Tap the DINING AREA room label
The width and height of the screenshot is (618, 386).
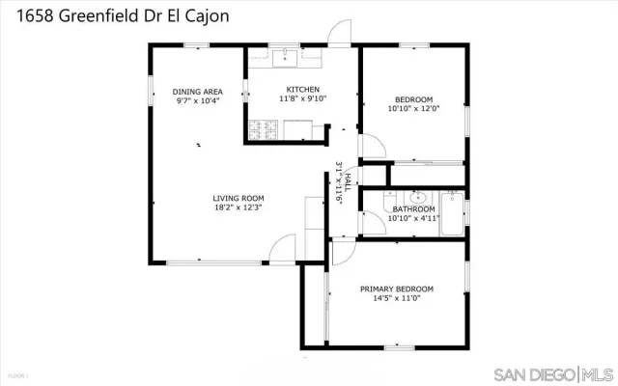click(x=197, y=92)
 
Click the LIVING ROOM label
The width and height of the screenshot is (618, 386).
click(x=238, y=197)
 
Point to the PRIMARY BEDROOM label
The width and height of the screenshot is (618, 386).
click(x=396, y=289)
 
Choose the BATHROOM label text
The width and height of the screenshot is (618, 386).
click(x=412, y=209)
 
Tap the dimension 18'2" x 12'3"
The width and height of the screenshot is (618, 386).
click(x=238, y=207)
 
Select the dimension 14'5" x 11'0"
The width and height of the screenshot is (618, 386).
click(x=396, y=298)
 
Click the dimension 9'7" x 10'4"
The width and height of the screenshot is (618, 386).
click(x=197, y=100)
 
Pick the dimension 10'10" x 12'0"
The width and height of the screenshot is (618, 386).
click(x=413, y=108)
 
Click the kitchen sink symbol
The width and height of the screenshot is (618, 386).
click(x=286, y=59)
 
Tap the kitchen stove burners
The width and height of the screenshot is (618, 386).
click(x=264, y=127)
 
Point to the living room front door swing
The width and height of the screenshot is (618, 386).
click(x=281, y=248)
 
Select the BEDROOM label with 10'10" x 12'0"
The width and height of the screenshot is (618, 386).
click(x=413, y=98)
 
